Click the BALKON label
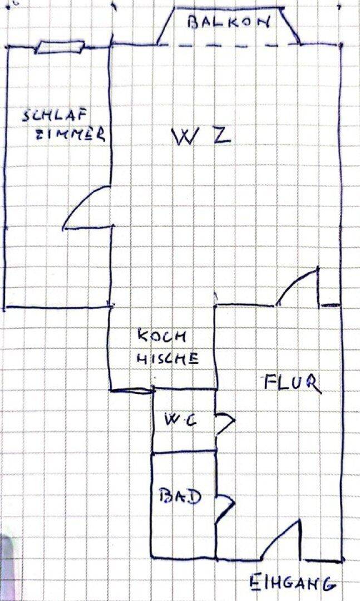click(x=229, y=23)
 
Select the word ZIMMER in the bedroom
click(x=70, y=134)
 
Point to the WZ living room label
click(x=201, y=136)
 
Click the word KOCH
click(x=163, y=337)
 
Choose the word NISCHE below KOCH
click(x=167, y=358)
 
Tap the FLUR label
click(x=291, y=383)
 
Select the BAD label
click(x=179, y=495)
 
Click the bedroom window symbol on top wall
click(x=59, y=47)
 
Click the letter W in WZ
click(x=184, y=137)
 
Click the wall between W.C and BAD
click(x=184, y=451)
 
